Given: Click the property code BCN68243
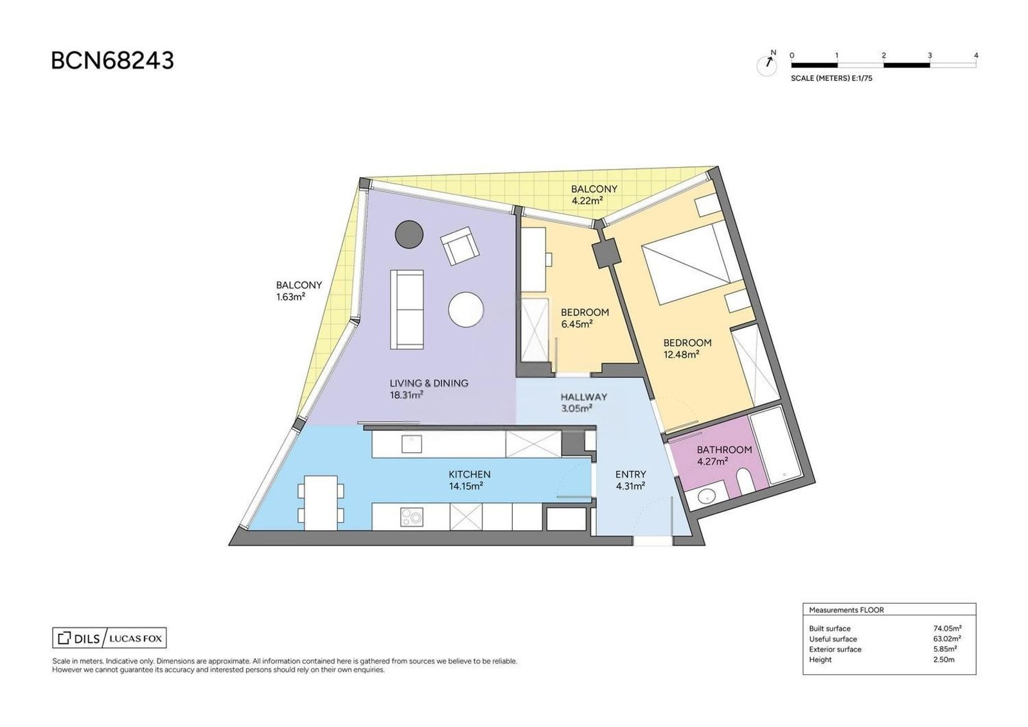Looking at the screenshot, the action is coord(112,60).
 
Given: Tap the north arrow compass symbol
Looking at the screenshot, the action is coord(767,65).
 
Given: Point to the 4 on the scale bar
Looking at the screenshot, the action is coord(976,55).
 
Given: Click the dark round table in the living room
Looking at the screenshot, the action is coord(409,234).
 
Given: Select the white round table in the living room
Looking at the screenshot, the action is coord(466,310).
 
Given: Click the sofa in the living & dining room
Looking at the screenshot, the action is coord(407,309).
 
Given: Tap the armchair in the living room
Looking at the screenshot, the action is coord(459,245).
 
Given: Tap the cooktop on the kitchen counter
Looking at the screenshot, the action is coord(411,517).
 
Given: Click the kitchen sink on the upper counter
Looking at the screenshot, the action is coord(412,444).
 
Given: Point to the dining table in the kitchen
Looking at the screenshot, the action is coord(321,502).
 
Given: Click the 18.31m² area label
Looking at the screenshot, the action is coord(406,395).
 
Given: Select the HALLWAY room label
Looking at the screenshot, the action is coord(584,397).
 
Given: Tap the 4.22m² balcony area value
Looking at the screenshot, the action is coord(587,200).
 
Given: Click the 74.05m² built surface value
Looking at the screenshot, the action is coord(947,628).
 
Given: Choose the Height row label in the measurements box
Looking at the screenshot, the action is coord(820,660).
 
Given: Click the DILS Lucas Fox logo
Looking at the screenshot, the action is coord(109,638).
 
